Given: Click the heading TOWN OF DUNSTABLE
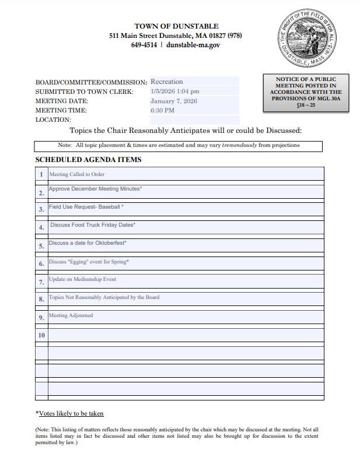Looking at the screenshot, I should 176,26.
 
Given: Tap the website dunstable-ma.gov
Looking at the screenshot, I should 193,45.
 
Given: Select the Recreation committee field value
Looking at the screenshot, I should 166,82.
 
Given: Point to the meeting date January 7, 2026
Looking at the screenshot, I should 173,101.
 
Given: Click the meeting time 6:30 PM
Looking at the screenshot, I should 162,110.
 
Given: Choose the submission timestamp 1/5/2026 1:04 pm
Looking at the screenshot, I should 174,92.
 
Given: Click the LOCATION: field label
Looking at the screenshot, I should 53,119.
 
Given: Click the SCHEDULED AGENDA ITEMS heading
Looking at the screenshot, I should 88,160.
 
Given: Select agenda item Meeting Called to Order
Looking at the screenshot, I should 76,174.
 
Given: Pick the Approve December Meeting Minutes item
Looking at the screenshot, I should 95,189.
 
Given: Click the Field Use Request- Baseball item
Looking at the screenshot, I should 86,207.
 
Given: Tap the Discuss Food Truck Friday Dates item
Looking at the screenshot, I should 93,224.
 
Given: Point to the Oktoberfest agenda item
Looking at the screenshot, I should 88,243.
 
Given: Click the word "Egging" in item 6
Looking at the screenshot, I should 79,262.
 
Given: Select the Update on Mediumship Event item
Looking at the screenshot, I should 82,280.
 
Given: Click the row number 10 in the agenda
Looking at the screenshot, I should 41,335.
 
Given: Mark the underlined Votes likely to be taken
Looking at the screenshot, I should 71,413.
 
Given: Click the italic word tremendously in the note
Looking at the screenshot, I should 240,145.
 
